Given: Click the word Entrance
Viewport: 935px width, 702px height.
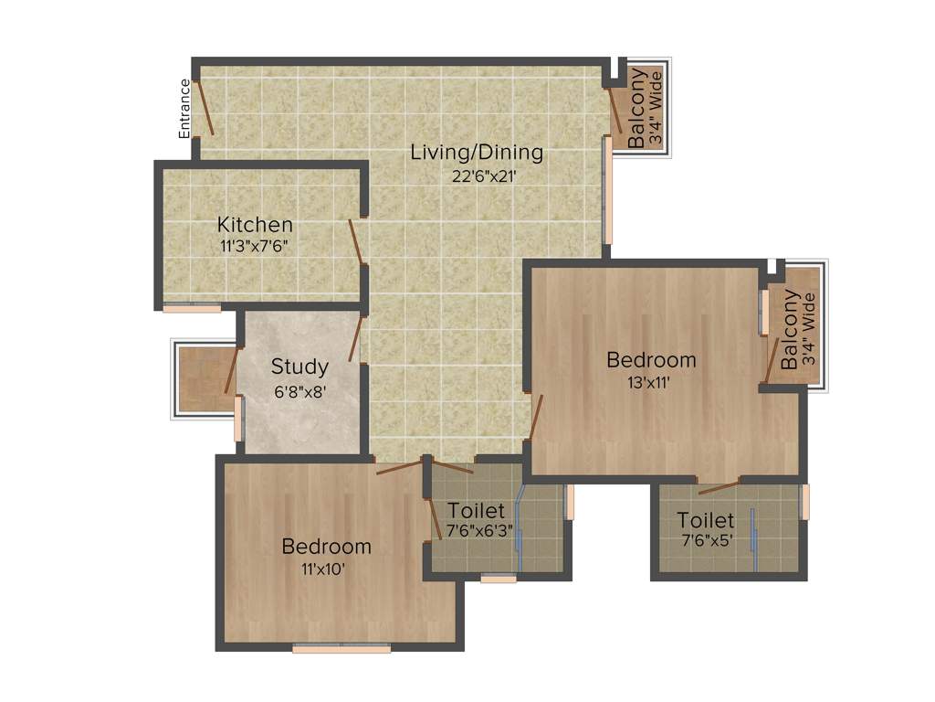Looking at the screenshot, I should coord(185,109).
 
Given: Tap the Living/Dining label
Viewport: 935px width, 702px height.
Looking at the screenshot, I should coord(476,152).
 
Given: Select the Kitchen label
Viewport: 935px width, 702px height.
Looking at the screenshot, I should coord(255,224).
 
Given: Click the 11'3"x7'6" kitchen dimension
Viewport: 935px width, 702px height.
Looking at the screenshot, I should coord(254,246).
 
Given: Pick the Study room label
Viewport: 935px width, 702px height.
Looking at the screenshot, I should coord(299,367).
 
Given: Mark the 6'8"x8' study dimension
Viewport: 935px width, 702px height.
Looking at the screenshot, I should coord(299,390).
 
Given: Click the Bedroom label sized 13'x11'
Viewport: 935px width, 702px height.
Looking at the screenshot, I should coord(651,360).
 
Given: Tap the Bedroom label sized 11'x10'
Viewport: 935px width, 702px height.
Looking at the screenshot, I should coord(326,547).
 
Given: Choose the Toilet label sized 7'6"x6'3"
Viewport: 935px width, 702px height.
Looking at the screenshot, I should coord(475,510).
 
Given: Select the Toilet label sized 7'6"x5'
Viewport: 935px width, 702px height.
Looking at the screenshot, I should coord(705,521).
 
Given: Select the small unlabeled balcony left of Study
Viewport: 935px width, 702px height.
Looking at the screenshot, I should coord(201,379).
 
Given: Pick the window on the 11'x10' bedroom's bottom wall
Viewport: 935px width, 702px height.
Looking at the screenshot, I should coord(341,649).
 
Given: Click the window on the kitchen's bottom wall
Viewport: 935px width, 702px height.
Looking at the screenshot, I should coord(192,309).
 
